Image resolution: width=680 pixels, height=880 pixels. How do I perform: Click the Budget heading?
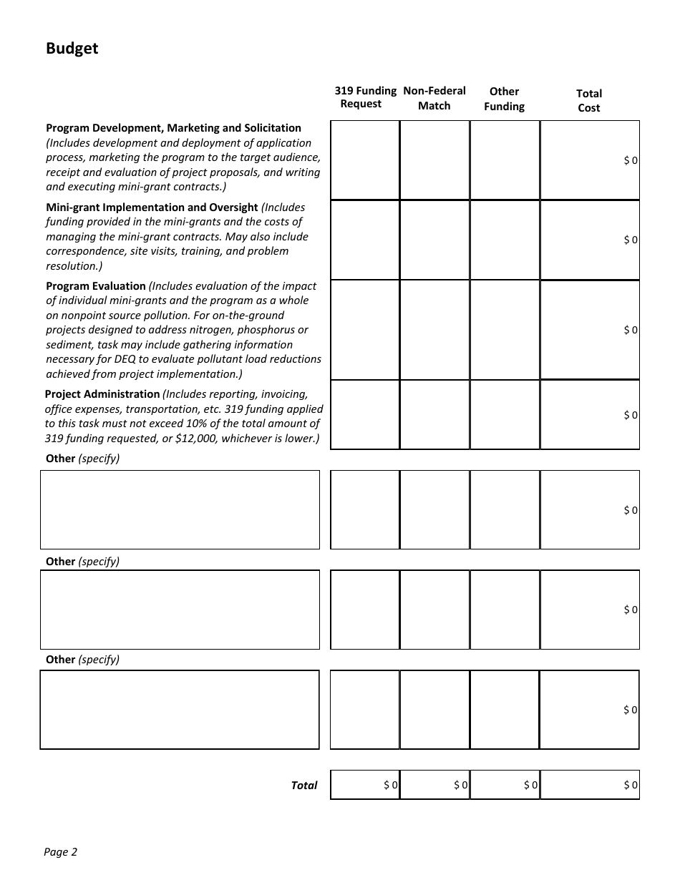[x=72, y=49]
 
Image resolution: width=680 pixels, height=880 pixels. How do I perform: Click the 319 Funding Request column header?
[x=365, y=97]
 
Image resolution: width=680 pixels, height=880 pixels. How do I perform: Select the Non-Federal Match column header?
[x=434, y=98]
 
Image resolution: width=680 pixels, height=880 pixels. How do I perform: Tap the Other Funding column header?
[x=504, y=99]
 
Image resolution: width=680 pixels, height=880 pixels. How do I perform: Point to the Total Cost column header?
[x=588, y=100]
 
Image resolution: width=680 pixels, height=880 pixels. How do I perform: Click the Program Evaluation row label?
[x=95, y=286]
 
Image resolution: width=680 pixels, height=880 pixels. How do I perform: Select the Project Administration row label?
[x=102, y=394]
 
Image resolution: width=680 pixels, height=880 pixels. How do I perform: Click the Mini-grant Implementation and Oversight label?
[x=152, y=207]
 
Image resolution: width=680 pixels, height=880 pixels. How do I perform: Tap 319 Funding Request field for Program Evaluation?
[x=365, y=330]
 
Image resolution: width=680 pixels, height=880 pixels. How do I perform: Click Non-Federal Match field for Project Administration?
[x=434, y=415]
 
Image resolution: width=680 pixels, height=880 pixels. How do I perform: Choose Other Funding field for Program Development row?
[x=505, y=160]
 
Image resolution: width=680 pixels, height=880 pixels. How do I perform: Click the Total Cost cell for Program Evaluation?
[x=589, y=330]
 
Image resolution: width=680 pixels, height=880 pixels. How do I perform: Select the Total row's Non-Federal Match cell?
[x=434, y=785]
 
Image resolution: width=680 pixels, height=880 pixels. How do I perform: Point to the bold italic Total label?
[x=303, y=786]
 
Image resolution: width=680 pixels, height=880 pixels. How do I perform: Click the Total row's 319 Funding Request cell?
[x=365, y=785]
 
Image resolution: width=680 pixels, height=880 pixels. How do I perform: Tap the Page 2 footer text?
[x=60, y=851]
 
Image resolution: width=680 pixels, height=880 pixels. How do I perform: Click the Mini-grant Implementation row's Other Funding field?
[x=505, y=240]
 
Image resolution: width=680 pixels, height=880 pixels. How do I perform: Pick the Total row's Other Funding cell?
[x=505, y=785]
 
